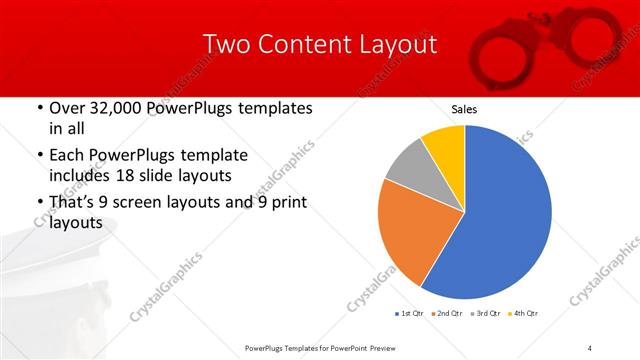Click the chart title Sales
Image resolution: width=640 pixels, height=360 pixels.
point(464,108)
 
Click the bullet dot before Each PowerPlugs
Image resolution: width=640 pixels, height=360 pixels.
point(39,155)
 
